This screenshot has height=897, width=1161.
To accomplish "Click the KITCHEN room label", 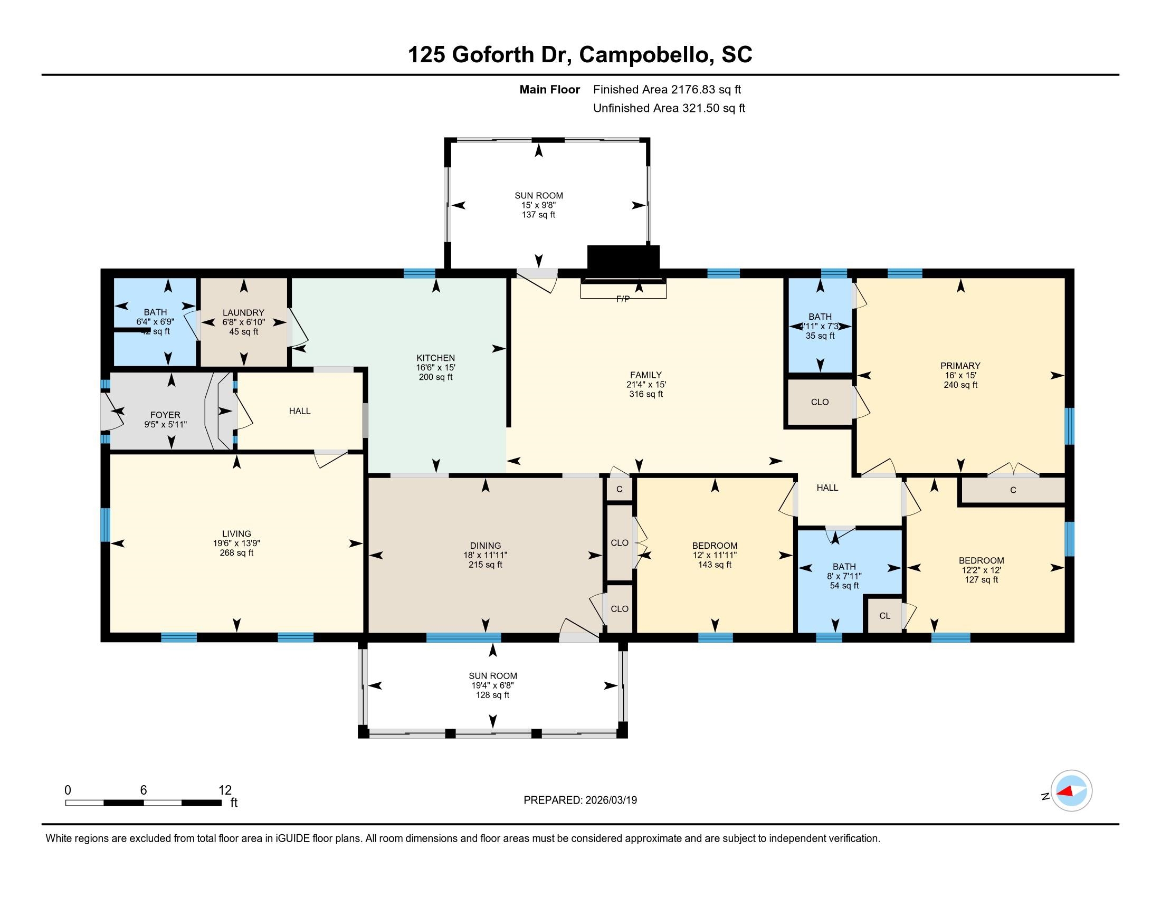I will (435, 358).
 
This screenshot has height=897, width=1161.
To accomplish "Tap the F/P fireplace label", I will (623, 299).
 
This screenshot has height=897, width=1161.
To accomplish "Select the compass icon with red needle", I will (1071, 791).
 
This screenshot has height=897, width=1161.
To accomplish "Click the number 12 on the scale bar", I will (225, 790).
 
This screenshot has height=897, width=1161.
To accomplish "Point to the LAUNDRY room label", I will (243, 312).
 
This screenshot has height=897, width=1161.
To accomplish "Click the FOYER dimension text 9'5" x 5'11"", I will (165, 425).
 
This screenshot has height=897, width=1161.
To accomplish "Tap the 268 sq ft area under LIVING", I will (236, 552).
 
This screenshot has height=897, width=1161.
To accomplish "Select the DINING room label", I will (485, 545).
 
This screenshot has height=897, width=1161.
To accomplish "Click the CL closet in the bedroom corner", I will (884, 615).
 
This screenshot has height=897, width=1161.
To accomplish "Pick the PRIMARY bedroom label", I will (960, 366).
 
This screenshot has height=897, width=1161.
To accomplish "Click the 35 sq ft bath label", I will (820, 336).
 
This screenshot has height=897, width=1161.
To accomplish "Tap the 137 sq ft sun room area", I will (538, 215).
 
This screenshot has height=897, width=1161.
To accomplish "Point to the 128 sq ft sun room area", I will (492, 695).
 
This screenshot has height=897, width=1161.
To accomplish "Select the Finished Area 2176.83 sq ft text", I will (667, 90).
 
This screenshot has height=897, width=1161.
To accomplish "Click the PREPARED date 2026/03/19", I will (610, 800).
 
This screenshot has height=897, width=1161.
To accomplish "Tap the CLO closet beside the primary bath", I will (819, 402).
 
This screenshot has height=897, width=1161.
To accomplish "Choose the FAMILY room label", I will (646, 375).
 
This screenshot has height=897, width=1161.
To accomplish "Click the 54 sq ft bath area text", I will (844, 586).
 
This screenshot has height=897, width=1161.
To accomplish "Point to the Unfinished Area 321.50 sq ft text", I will (669, 108).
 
